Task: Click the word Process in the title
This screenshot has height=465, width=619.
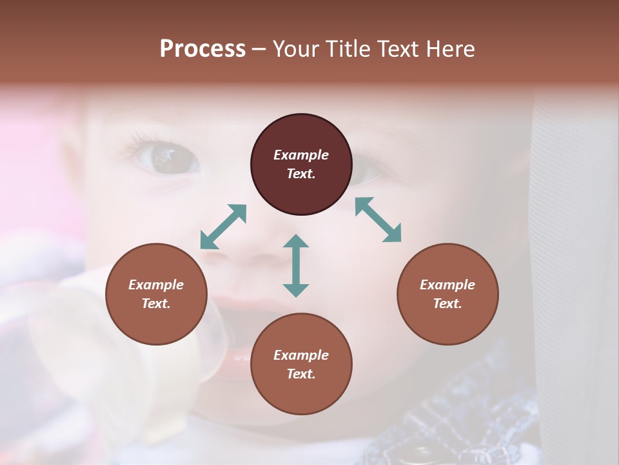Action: [202, 49]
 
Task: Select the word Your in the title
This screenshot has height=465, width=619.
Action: [296, 49]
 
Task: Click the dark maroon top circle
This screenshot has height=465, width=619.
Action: [301, 165]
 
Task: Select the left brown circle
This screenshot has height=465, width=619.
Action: [156, 294]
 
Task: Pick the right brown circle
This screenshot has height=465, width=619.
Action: [447, 294]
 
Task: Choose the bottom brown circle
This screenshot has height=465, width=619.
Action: [301, 364]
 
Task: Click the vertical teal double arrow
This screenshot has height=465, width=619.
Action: [296, 266]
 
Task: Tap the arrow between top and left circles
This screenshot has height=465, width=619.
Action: [223, 227]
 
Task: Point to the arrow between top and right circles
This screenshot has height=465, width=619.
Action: [378, 220]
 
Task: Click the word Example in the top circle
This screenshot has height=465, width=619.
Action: [301, 155]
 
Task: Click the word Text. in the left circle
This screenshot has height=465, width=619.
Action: [156, 304]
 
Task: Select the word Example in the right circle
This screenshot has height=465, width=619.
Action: [447, 285]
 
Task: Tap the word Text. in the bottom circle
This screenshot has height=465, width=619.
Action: [301, 374]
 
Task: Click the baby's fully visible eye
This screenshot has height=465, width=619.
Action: [164, 157]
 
